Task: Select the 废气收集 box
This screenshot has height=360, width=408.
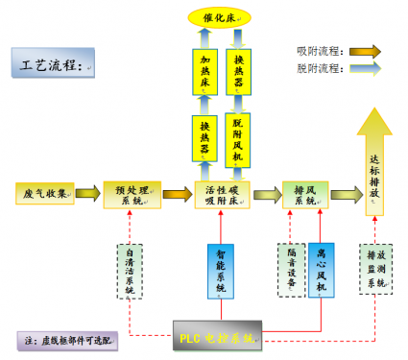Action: tap(44, 194)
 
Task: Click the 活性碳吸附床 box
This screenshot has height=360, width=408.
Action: tap(223, 194)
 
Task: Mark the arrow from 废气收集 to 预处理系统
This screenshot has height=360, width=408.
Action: tap(87, 194)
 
